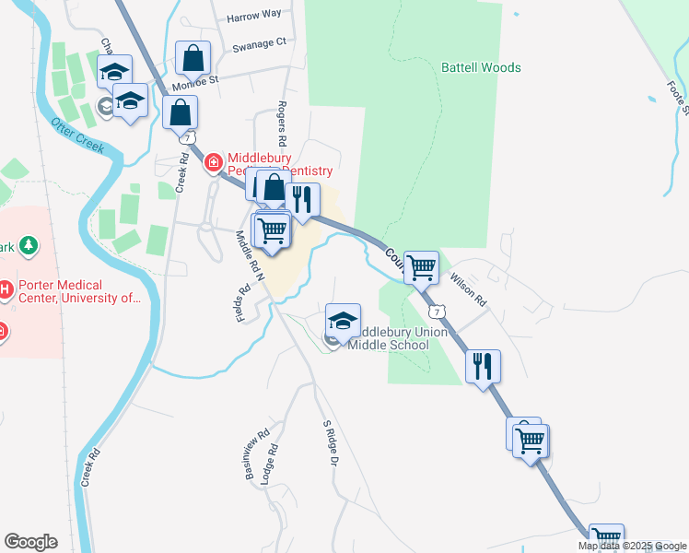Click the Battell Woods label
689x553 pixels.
click(481, 67)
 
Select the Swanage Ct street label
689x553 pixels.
click(260, 42)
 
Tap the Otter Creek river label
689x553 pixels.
click(77, 135)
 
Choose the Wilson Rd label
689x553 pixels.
click(467, 293)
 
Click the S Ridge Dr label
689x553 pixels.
click(332, 442)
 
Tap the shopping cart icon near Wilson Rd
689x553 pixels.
click(421, 268)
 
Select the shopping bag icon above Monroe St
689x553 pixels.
click(193, 58)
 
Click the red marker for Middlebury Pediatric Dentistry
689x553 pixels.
click(214, 163)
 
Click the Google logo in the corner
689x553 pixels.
click(30, 542)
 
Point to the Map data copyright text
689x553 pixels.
click(632, 546)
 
